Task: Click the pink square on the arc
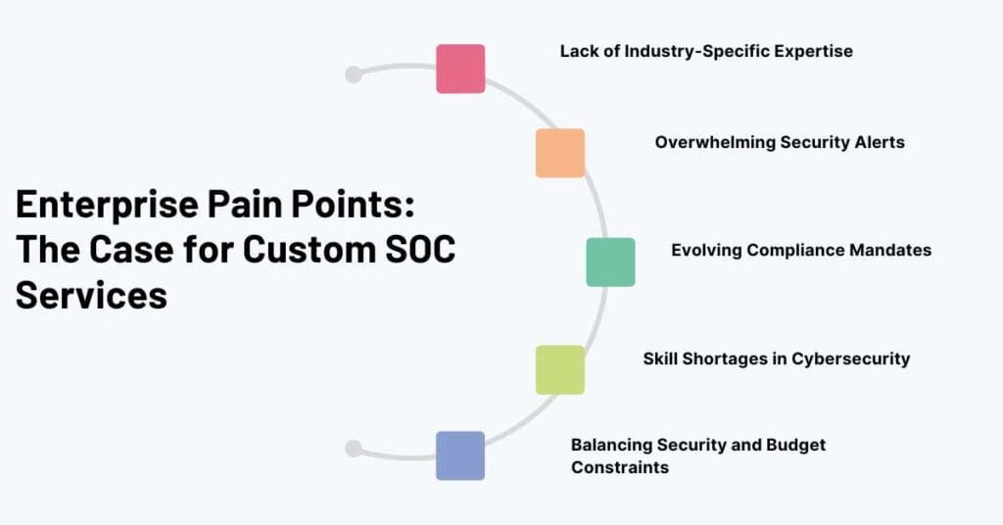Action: [x=460, y=69]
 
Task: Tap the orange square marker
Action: [x=559, y=153]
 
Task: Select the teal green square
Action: [x=610, y=262]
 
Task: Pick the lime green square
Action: [x=559, y=369]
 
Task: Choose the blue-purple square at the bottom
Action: [x=460, y=455]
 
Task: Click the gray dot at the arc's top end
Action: [x=354, y=74]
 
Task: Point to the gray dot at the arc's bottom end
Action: [x=354, y=449]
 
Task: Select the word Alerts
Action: [x=878, y=142]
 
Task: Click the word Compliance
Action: [x=792, y=250]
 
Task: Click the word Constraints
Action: [x=620, y=467]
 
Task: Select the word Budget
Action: [x=796, y=445]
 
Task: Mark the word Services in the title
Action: [x=91, y=293]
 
